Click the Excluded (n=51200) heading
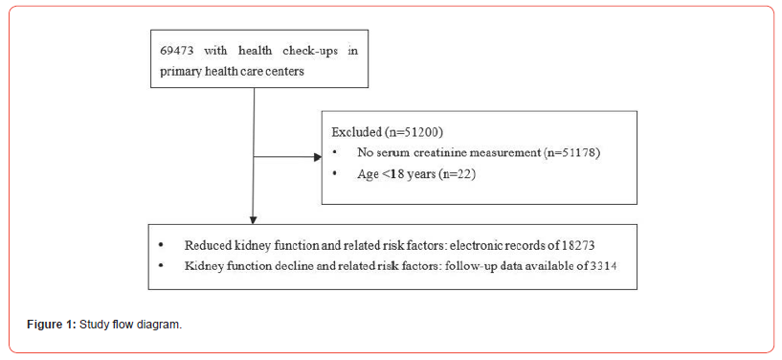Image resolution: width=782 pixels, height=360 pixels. click(x=380, y=132)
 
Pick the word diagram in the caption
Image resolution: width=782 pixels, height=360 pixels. click(x=161, y=325)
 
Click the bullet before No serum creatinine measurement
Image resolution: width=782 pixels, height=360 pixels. click(x=334, y=152)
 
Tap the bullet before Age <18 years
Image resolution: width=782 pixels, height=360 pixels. click(x=334, y=173)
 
